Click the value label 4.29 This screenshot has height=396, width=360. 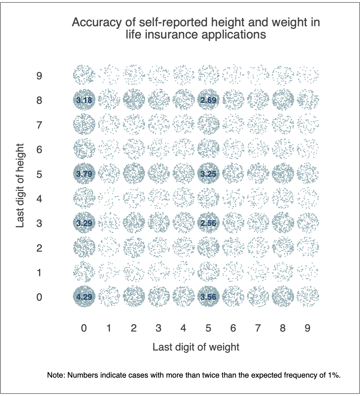[84, 297]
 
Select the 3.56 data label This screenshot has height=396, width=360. [208, 297]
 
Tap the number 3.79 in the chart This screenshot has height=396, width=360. [84, 174]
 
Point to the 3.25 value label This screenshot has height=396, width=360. [208, 174]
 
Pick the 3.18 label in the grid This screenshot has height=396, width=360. [84, 100]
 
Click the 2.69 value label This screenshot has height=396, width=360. [208, 100]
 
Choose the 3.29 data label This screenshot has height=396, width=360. [84, 223]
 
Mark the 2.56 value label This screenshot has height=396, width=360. [208, 223]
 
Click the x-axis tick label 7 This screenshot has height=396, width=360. [258, 328]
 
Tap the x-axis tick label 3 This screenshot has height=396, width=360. [158, 328]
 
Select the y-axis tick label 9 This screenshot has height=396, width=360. [39, 76]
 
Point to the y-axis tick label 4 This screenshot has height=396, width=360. [39, 199]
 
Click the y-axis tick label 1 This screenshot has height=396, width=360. [39, 273]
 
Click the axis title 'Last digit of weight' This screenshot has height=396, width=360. [196, 347]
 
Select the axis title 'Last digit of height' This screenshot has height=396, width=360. [20, 185]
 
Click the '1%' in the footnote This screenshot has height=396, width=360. [334, 375]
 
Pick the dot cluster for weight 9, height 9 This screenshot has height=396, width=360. [308, 75]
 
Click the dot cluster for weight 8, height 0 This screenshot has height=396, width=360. [283, 296]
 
